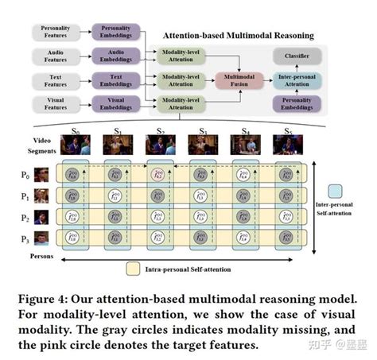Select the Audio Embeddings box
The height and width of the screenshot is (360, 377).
click(x=116, y=55)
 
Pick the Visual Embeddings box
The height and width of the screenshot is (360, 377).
click(x=116, y=103)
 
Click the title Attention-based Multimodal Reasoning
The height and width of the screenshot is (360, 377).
click(x=238, y=36)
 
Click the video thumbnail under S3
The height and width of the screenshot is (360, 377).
click(x=203, y=144)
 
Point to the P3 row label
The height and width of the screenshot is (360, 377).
click(x=25, y=236)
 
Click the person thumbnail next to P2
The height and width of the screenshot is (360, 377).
click(x=41, y=215)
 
